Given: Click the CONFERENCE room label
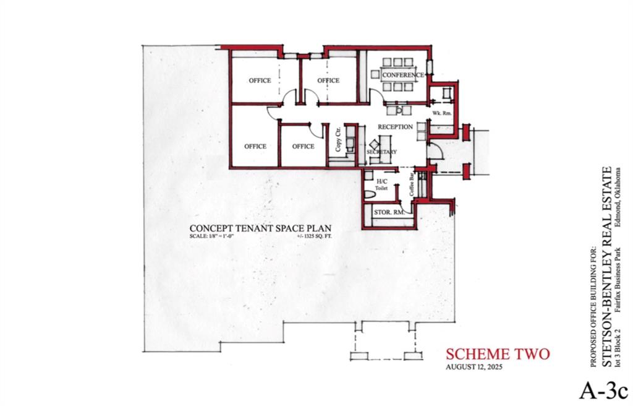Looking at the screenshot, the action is point(402,75).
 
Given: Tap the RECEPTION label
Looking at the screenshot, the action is point(395,127).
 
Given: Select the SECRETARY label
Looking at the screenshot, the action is point(381,152).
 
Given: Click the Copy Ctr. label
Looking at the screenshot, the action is point(338,139).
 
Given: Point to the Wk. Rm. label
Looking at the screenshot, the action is point(441,113).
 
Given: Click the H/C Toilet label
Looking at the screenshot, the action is point(381,185).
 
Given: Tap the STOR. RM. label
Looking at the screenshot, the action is point(389,212).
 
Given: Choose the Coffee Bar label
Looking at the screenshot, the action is point(412,185).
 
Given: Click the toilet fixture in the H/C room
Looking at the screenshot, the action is point(370,194).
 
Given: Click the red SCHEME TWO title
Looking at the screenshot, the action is point(498,354).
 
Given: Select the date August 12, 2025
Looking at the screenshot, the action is point(474,367).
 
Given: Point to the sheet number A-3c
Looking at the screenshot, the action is point(604,391).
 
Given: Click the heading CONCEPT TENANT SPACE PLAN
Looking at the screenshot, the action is point(260,228).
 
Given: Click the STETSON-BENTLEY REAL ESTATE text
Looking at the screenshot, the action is point(606,267).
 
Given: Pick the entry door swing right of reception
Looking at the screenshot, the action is point(436,150).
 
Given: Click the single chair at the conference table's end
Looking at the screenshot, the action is point(375,75).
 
